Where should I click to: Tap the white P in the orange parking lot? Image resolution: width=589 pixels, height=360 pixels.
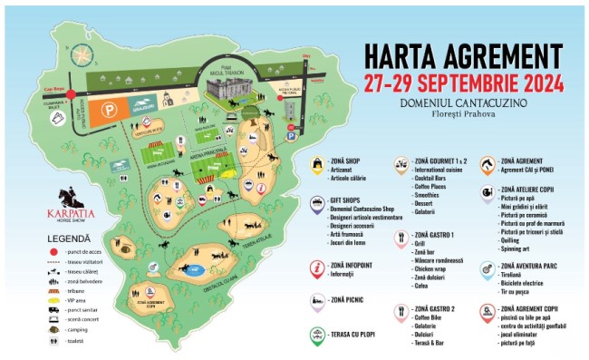pos(110,110)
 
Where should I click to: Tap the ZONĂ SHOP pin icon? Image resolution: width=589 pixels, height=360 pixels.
pos(316,164)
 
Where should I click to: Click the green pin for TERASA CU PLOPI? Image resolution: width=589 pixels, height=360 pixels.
pos(316,335)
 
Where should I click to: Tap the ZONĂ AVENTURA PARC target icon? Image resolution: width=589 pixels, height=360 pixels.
pos(488,270)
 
